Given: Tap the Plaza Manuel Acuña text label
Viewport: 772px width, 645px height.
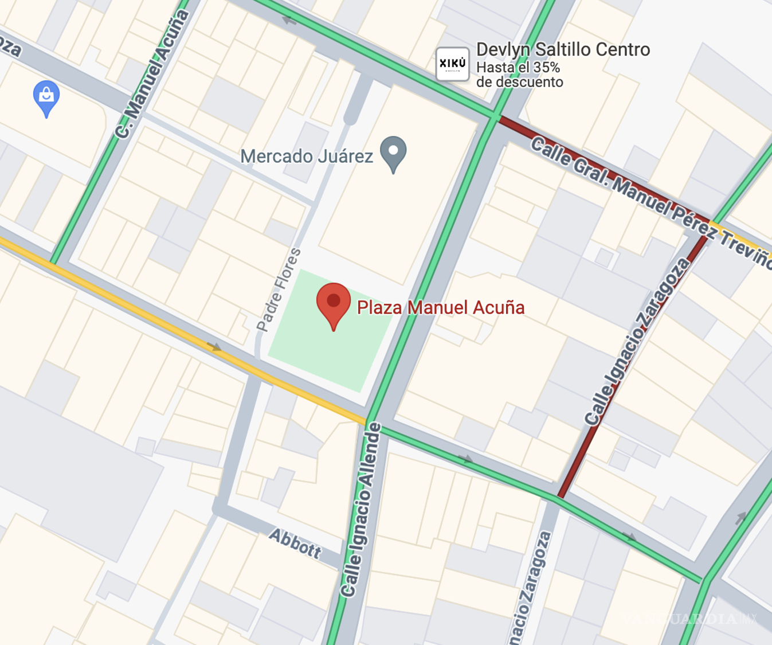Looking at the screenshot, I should point(440,308).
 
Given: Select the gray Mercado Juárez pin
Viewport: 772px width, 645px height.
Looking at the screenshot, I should point(393,153).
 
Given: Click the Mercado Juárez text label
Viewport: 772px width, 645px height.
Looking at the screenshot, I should point(306,157).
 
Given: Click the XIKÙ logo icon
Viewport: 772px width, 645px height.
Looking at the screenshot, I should point(452,64).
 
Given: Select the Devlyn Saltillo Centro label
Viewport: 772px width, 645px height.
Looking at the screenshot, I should point(563,50).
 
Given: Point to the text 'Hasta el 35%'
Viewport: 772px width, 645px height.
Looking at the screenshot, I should point(518,68).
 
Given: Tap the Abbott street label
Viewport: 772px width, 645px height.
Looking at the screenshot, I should point(295,544).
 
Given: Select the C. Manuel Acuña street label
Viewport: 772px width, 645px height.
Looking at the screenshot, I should point(152,75).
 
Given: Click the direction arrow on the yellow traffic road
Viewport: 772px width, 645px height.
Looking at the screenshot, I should point(214,347).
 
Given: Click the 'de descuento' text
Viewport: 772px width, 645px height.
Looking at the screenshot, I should point(519,82).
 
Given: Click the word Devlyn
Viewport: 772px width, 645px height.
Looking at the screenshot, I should point(502,50).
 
